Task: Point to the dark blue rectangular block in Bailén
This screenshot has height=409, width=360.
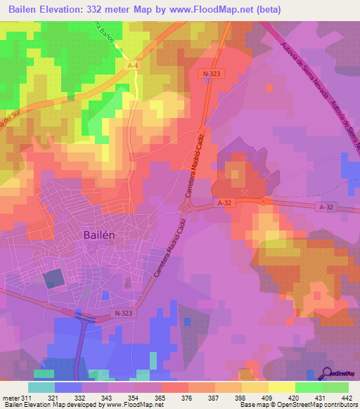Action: [53, 279]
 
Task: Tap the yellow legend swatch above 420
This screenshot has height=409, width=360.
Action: [282, 387]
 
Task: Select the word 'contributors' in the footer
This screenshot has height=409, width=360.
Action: [337, 405]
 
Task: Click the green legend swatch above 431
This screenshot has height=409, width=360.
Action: [309, 387]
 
